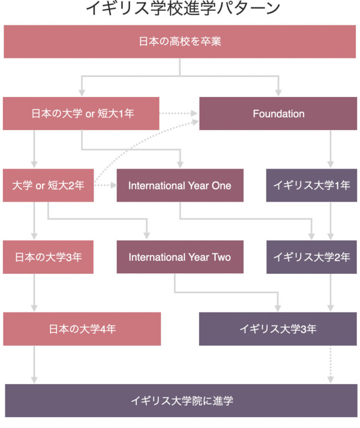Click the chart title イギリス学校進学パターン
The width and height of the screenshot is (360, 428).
click(183, 9)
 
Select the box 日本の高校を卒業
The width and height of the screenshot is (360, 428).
click(180, 41)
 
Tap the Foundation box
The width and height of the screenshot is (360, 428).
click(278, 113)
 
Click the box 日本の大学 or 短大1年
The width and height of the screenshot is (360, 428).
click(81, 113)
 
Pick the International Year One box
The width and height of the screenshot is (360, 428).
click(180, 185)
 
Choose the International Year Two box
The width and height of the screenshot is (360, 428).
click(180, 257)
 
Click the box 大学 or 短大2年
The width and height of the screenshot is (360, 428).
click(49, 185)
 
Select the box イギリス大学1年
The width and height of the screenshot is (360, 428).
click(311, 185)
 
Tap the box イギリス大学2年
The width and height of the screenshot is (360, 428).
click(311, 257)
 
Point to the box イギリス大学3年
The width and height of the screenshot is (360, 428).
click(278, 329)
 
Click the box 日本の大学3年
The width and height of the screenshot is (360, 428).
click(48, 257)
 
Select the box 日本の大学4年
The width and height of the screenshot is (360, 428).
click(82, 329)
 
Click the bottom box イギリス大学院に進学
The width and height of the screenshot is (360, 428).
click(181, 400)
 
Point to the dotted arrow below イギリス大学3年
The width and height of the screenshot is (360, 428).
click(330, 364)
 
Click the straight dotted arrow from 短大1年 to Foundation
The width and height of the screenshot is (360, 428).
click(179, 113)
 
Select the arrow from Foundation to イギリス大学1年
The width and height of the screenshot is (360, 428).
click(330, 149)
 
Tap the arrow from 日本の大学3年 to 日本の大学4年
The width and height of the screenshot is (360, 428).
click(34, 293)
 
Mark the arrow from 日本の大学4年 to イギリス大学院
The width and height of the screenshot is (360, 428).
click(34, 364)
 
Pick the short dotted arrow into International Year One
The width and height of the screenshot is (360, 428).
click(105, 185)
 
